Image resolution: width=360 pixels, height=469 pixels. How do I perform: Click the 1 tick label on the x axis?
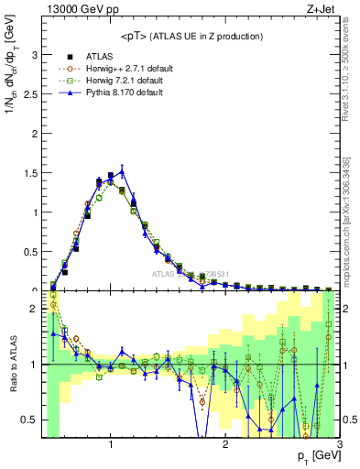(x=111, y=445)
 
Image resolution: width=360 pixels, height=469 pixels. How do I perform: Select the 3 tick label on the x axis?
(x=339, y=445)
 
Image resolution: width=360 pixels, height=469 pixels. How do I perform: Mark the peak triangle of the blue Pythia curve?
(x=122, y=170)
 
